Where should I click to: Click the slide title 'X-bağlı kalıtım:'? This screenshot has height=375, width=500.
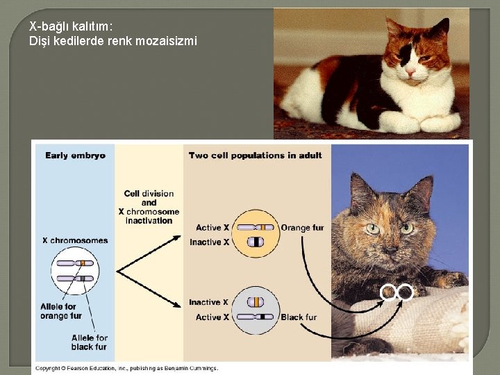coord(71,26)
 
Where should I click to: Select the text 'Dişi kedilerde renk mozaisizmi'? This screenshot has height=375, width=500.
coord(113,41)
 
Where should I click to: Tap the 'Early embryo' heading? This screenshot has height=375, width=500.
coord(76,156)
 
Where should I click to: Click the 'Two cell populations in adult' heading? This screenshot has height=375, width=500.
coord(255,156)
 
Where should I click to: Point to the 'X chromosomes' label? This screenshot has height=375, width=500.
coord(75,240)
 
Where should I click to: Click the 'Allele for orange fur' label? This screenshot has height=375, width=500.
coord(61,311)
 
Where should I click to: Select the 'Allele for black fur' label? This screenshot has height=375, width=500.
coord(90,342)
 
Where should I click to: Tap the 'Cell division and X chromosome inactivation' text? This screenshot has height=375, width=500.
coord(149,207)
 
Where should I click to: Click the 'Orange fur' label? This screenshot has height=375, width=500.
coord(302,228)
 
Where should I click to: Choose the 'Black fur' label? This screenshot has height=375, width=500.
coord(299,317)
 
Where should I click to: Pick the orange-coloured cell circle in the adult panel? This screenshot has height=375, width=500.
coord(256,235)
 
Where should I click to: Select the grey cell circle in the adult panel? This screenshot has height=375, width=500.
coord(256,310)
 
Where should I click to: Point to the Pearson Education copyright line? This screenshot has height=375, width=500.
coord(126,368)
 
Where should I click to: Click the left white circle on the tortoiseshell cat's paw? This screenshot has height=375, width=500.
coord(387,293)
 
